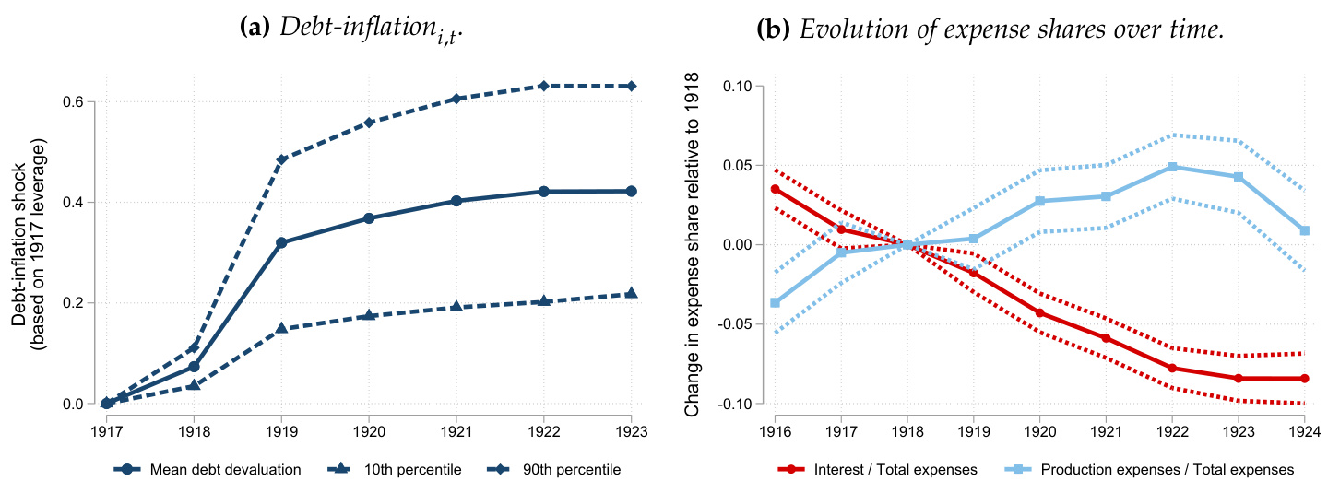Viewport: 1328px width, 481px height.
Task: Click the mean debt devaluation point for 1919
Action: point(281,243)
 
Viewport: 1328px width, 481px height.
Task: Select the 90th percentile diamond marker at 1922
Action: point(543,86)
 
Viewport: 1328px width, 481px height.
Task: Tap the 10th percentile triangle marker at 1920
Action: point(369,315)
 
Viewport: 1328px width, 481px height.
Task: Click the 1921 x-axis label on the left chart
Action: point(456,429)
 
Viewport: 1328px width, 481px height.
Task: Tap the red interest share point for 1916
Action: point(775,189)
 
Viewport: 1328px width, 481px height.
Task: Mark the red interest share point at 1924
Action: point(1304,379)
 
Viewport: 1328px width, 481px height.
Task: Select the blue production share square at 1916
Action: point(775,303)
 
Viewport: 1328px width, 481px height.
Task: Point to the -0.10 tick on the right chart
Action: point(737,404)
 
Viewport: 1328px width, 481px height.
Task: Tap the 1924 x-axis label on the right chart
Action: point(1304,429)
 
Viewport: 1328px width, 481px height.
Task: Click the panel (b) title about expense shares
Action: point(991,29)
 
